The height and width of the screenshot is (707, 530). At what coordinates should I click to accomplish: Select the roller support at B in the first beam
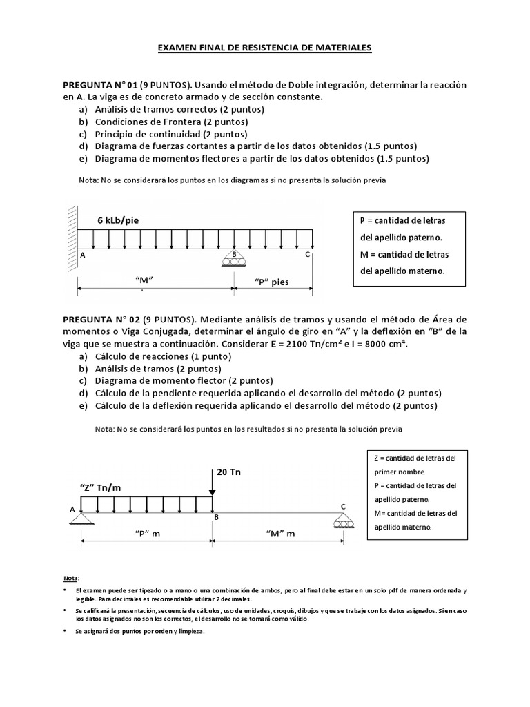233,259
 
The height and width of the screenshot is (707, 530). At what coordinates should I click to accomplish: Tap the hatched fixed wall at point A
72,228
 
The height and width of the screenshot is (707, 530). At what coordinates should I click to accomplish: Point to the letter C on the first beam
308,255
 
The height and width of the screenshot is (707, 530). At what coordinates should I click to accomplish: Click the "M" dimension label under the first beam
144,279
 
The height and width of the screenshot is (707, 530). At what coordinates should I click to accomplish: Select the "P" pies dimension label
271,281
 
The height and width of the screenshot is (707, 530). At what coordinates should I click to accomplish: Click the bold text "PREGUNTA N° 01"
101,84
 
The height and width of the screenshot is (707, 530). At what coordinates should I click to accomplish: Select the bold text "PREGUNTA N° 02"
102,319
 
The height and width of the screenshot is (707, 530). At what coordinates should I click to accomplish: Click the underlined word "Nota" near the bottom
71,577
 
